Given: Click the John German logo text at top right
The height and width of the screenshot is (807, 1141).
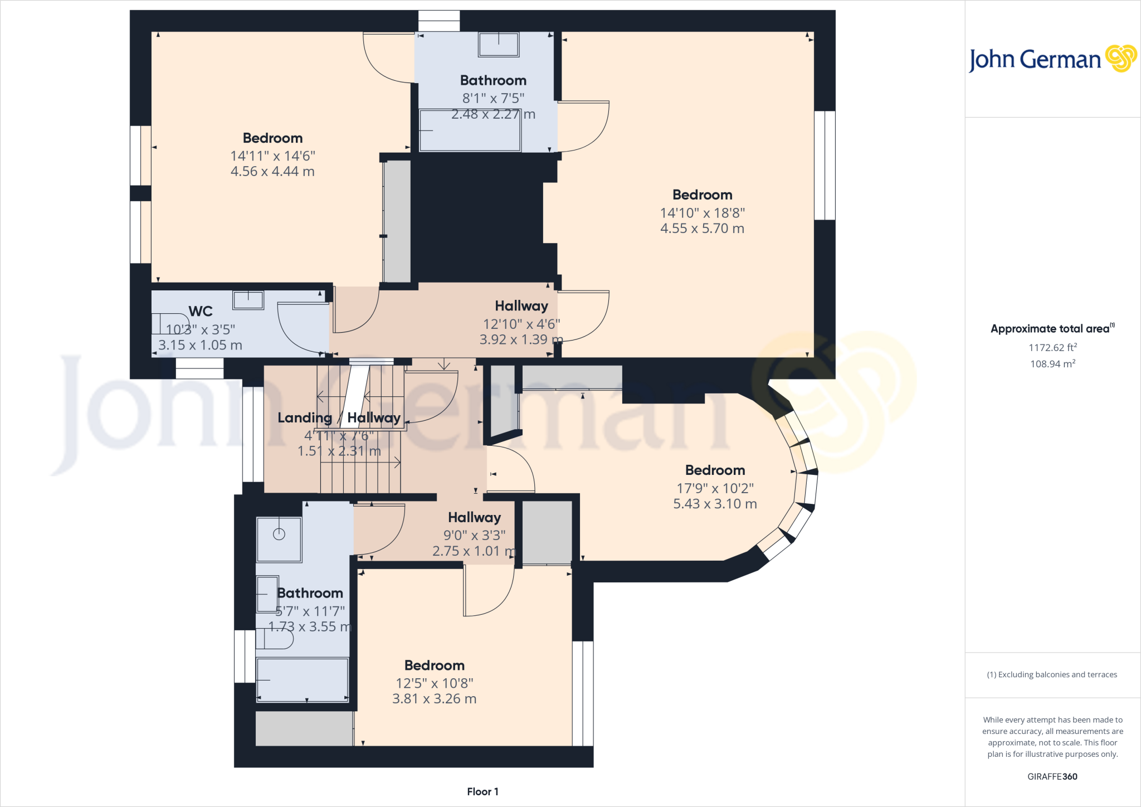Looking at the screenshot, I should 1035,60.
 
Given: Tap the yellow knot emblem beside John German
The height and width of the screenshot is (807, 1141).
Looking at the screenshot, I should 1120,58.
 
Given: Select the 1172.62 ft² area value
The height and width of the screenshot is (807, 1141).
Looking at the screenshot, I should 1052,348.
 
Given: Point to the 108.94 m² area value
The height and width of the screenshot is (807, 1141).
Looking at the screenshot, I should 1052,364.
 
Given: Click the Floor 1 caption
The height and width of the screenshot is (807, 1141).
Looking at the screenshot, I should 482,791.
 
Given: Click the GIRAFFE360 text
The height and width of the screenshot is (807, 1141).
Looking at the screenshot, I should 1052,776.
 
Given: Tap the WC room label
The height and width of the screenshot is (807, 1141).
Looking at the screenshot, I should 201,311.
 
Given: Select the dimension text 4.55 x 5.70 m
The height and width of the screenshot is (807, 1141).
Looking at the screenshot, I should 702,229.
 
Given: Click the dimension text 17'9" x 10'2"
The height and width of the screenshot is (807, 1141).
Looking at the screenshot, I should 715,488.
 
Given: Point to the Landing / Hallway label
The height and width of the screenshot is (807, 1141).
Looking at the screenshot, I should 339,417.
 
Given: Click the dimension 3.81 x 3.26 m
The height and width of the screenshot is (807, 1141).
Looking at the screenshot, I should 434,699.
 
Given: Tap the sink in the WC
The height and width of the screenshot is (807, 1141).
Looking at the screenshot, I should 248,300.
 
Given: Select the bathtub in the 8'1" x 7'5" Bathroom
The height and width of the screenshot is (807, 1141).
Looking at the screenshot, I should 470,131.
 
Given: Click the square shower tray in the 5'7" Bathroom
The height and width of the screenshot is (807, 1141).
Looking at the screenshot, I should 279,539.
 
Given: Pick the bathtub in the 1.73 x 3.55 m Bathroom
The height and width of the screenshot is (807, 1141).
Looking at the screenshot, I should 302,679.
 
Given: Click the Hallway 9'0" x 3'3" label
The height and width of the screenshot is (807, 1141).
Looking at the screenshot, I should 474,518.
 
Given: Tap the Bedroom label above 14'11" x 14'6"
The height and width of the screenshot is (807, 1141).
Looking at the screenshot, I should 272,138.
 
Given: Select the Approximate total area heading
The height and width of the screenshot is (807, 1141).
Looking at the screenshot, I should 1052,329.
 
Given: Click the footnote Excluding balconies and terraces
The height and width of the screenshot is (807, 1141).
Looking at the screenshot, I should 1052,674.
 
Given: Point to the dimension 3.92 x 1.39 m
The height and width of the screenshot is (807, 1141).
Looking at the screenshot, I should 521,339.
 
